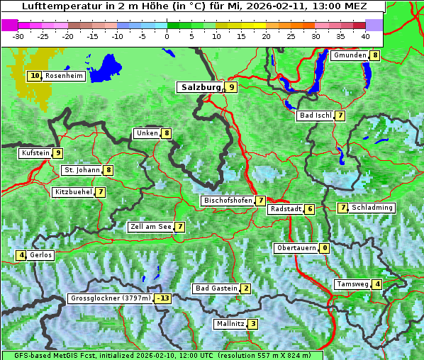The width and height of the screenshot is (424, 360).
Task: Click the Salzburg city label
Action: [x=201, y=87]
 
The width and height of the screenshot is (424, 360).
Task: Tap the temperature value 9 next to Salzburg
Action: [x=232, y=87]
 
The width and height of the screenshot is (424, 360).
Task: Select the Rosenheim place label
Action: [x=64, y=76]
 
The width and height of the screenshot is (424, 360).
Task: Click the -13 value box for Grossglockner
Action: [x=163, y=298]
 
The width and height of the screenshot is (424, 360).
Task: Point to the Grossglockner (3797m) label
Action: [x=111, y=298]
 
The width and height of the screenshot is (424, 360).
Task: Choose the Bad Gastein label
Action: [x=216, y=288]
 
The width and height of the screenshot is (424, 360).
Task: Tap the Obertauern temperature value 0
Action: [x=324, y=248]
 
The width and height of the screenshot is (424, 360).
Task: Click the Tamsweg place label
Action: [x=352, y=284]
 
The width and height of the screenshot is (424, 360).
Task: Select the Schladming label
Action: [x=372, y=208]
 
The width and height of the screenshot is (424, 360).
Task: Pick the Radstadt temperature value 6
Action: [x=310, y=209]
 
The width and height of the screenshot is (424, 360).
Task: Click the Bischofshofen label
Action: [x=228, y=201]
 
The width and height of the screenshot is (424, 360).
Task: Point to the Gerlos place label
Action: [x=41, y=255]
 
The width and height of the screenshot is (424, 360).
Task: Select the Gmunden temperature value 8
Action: [x=375, y=55]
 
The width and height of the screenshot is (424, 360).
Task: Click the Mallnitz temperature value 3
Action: [x=253, y=324]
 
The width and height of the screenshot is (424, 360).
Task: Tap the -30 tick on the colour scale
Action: [x=18, y=35]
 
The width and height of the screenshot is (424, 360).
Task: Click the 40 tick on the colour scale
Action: [x=365, y=35]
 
